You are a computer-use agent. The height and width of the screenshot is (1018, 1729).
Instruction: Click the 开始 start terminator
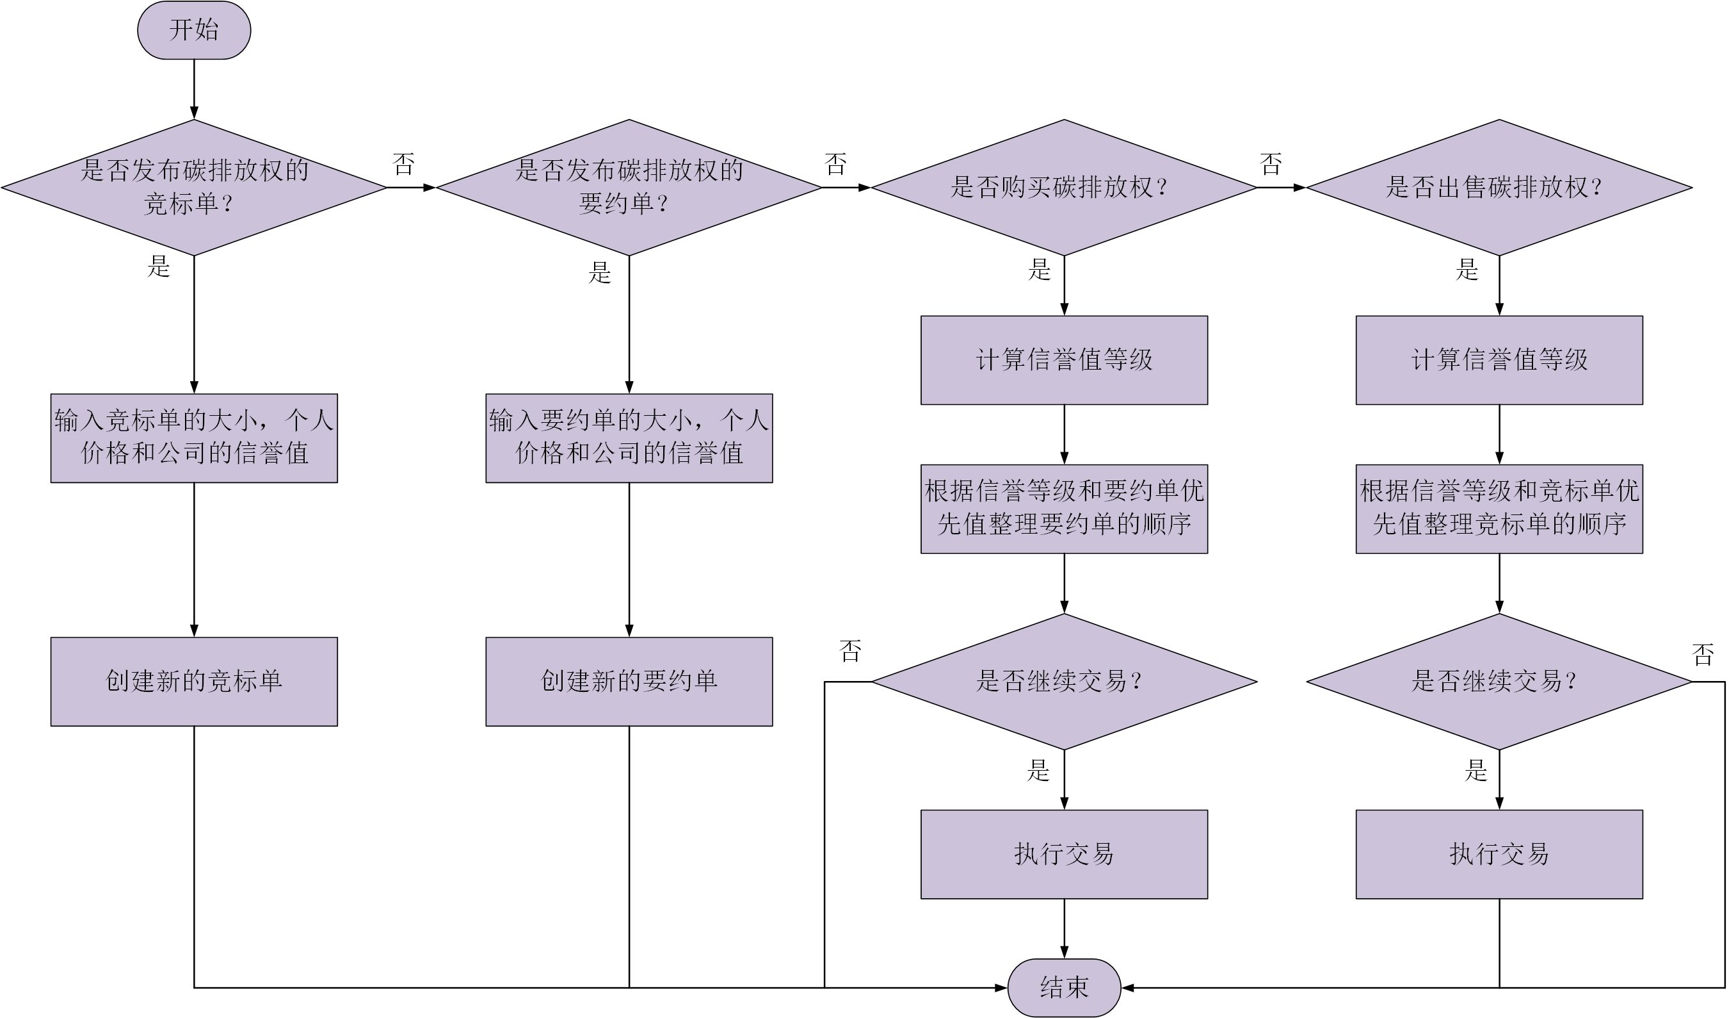pyautogui.click(x=193, y=30)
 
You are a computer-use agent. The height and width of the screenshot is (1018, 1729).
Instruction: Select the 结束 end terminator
pyautogui.click(x=1063, y=987)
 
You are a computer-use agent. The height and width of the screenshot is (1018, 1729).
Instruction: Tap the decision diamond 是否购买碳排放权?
pyautogui.click(x=1063, y=188)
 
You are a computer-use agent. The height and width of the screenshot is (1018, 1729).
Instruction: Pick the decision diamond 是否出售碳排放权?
pyautogui.click(x=1499, y=188)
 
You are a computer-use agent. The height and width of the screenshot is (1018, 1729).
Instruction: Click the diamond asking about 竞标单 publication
pyautogui.click(x=193, y=188)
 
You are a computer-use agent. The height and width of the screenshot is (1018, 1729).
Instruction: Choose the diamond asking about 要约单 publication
pyautogui.click(x=629, y=188)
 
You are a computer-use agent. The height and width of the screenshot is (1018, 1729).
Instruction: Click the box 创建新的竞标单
pyautogui.click(x=193, y=681)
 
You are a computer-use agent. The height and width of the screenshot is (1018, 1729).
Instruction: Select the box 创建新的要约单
pyautogui.click(x=629, y=681)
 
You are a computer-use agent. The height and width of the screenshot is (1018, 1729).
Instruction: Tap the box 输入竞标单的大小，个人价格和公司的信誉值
pyautogui.click(x=193, y=438)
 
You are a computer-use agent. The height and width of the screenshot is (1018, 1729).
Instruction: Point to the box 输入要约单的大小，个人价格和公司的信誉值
pyautogui.click(x=629, y=438)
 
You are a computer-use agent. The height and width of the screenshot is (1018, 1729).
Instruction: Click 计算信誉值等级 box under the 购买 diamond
pyautogui.click(x=1063, y=359)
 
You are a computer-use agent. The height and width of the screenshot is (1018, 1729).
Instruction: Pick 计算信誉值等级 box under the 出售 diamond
pyautogui.click(x=1499, y=359)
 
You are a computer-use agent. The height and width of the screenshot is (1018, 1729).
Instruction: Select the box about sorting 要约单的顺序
pyautogui.click(x=1063, y=509)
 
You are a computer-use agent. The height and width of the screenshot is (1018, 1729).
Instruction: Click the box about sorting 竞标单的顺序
pyautogui.click(x=1499, y=509)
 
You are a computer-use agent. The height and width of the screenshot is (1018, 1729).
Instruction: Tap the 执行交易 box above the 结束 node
pyautogui.click(x=1063, y=854)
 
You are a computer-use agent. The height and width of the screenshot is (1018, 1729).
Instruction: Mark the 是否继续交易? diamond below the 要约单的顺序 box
pyautogui.click(x=1063, y=682)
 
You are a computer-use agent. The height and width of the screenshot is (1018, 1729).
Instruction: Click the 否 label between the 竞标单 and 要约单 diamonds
pyautogui.click(x=403, y=164)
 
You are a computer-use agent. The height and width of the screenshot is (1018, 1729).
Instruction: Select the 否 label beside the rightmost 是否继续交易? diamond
pyautogui.click(x=1702, y=654)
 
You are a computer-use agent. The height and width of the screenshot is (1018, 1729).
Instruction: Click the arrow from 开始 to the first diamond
pyautogui.click(x=194, y=89)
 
